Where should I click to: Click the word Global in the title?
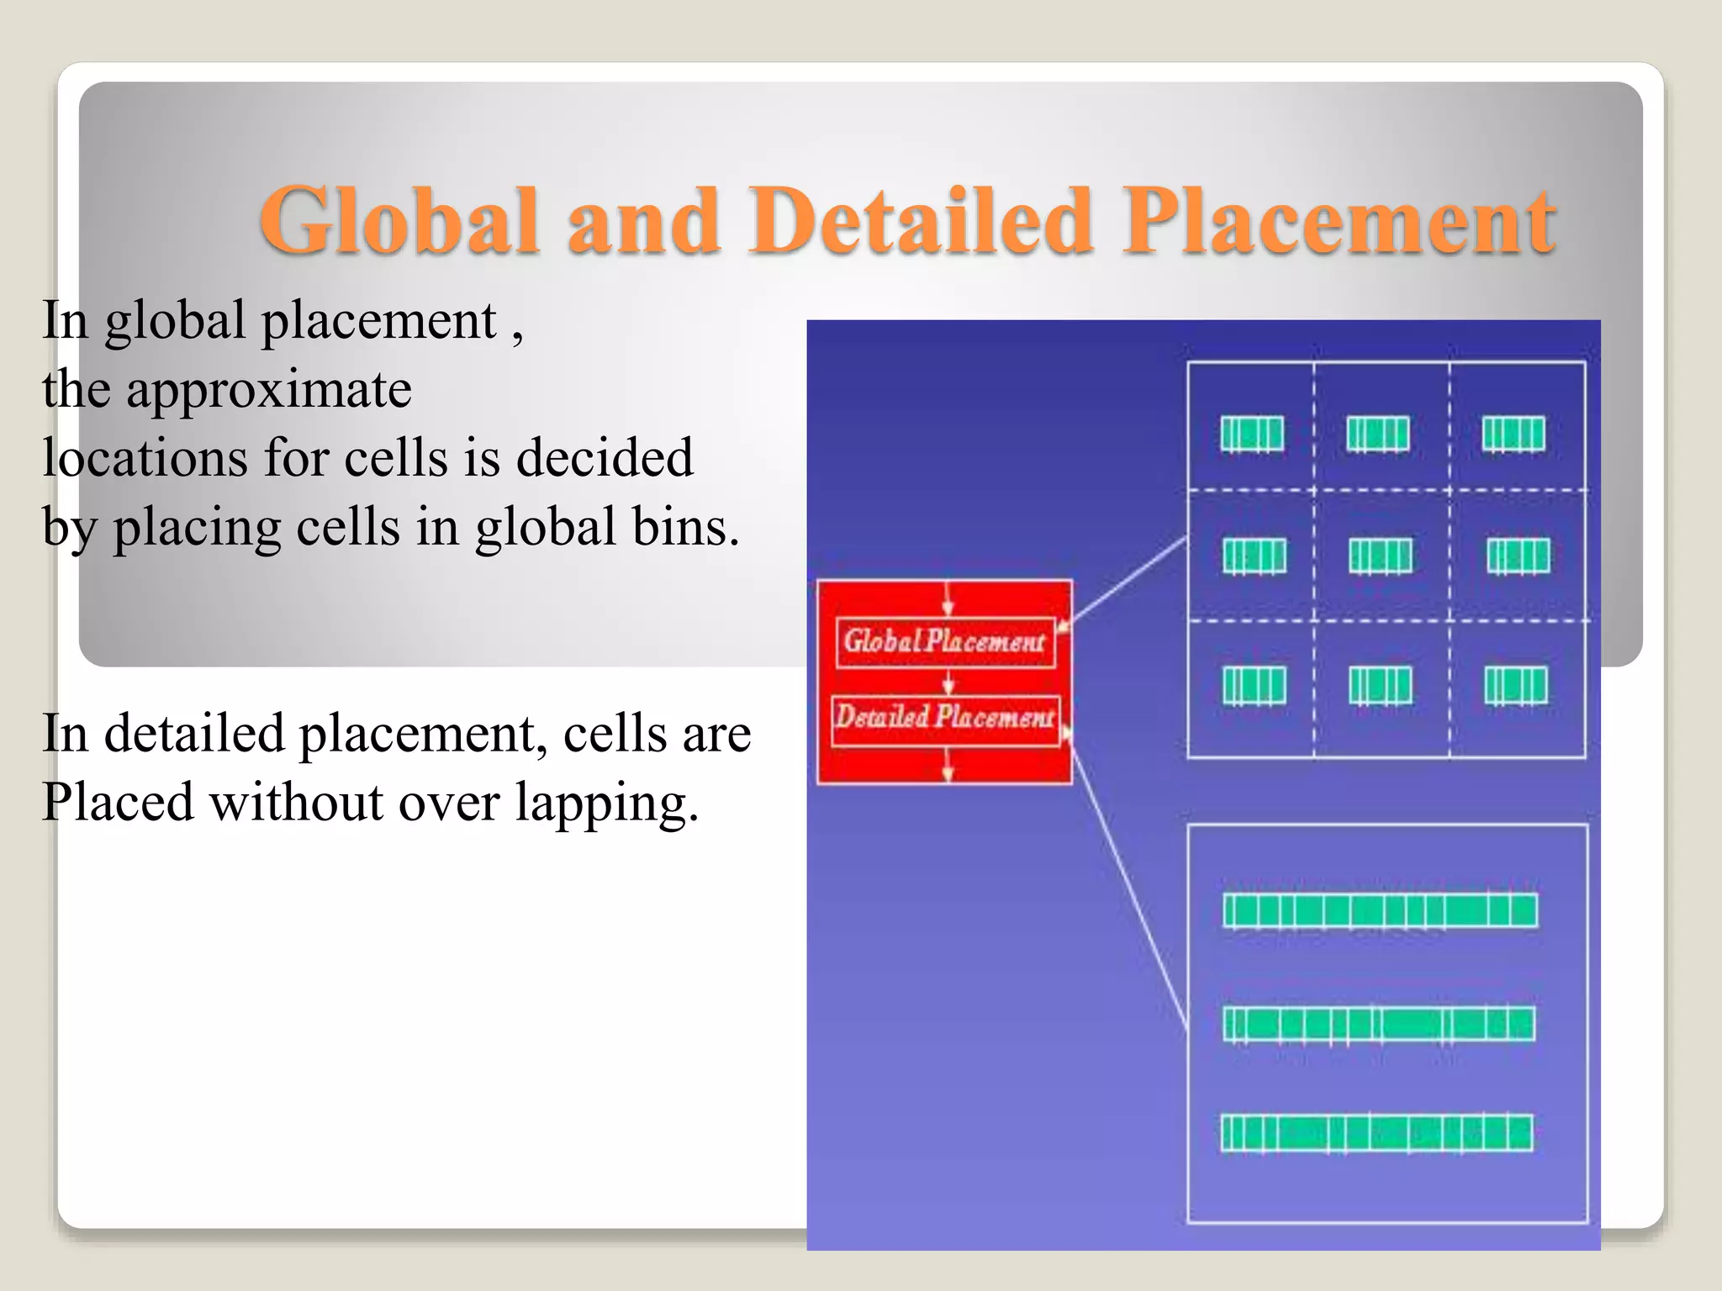(399, 220)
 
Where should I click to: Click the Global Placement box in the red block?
(945, 642)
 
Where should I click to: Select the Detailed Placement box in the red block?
(945, 718)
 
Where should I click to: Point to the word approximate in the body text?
(269, 390)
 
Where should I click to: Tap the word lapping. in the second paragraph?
(607, 803)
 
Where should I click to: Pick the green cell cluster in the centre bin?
(1380, 556)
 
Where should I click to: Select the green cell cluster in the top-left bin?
(1252, 435)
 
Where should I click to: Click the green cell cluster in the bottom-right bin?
(1515, 685)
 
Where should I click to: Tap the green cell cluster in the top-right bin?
(1513, 435)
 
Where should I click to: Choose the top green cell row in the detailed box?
(1380, 911)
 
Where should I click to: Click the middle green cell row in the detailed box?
(1379, 1025)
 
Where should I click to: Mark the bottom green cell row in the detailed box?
(1376, 1133)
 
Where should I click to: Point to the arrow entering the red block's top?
(948, 598)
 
